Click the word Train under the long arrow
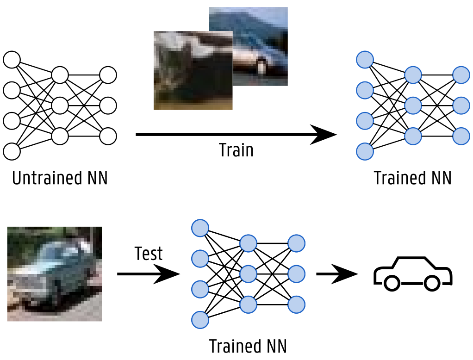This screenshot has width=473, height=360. coord(236,150)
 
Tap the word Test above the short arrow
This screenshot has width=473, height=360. coord(149,254)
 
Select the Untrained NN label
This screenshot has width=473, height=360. coord(60,178)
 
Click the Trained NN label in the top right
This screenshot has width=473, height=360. coord(412,178)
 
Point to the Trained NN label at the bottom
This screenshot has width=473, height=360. coord(248,346)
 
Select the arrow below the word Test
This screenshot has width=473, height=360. coord(148,274)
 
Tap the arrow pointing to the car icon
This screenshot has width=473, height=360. coord(337,274)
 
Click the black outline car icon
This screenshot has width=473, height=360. coord(412,273)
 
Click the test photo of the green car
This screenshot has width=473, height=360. coord(55,273)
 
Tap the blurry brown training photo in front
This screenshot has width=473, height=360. coord(193,70)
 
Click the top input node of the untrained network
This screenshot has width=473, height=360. coord(12,60)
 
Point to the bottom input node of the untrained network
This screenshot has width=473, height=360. coord(12,151)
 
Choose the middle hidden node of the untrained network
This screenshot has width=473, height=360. coord(60,106)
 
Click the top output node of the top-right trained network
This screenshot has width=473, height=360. coord(461,75)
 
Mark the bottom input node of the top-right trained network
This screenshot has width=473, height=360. coord(365,151)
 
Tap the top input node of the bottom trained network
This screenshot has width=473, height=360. coord(200,228)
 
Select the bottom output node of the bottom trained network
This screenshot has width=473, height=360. coord(296,304)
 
